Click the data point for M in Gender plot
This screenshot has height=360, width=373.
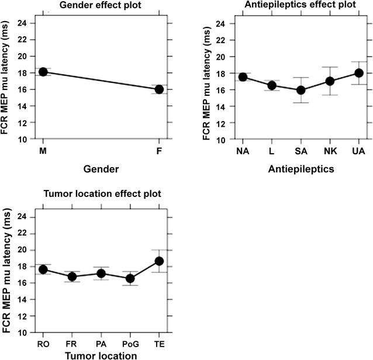(43, 72)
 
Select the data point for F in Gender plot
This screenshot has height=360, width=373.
(159, 89)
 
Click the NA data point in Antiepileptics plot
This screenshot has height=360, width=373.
(226, 77)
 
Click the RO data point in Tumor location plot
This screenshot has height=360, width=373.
(43, 269)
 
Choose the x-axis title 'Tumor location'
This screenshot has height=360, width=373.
(102, 355)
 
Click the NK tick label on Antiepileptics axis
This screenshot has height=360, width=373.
(313, 152)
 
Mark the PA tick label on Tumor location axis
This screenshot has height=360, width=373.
(101, 344)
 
